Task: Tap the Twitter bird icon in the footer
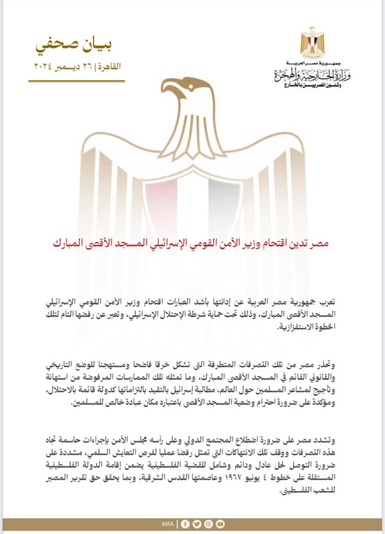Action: point(197,524)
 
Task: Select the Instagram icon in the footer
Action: point(208,524)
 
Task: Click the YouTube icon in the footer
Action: point(220,524)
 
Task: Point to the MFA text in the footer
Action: point(169,524)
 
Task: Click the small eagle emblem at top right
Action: point(312,42)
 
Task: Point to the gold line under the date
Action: point(76,81)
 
